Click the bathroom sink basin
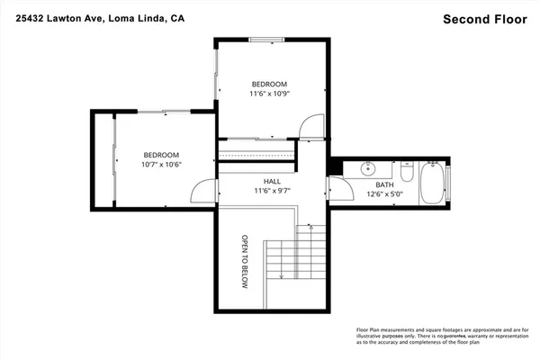(368, 168)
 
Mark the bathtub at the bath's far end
(435, 182)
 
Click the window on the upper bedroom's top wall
(265, 39)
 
